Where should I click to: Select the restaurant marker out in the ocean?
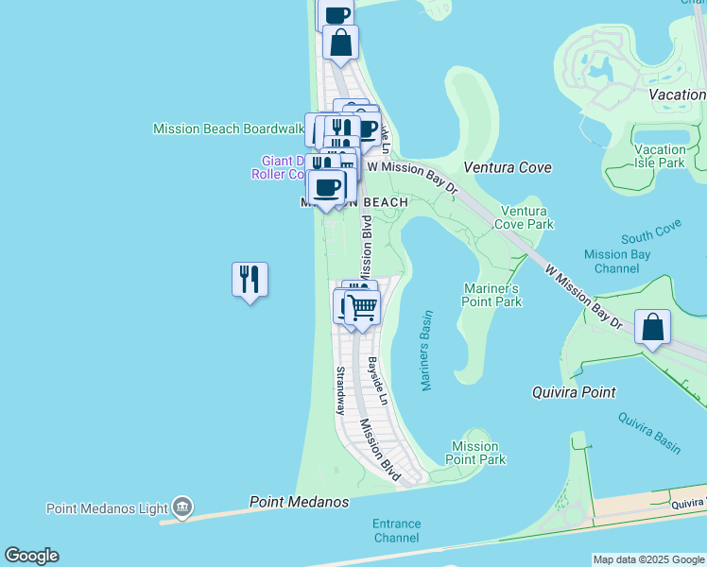pos(250,280)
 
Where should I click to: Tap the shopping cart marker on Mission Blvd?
pos(362,307)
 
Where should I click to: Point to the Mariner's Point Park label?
pos(492,295)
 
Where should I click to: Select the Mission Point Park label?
pos(474,453)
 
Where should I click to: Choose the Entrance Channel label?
pos(396,530)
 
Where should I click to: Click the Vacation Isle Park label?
pos(661,156)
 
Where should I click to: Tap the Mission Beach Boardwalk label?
pos(228,129)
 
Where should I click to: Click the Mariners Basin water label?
pos(426,351)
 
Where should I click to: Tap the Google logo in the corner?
pos(31,556)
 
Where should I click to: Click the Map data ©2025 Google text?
pos(647,559)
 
